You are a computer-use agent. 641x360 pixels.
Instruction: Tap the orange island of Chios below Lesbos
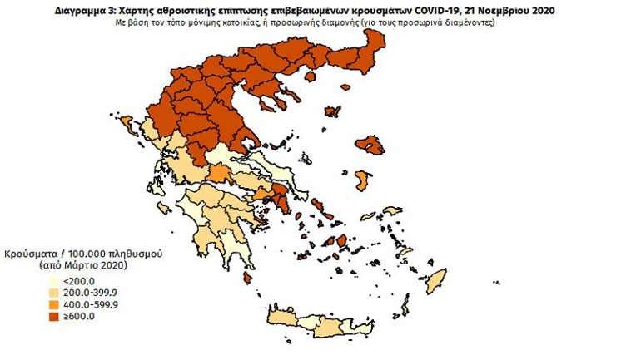(x=362, y=180)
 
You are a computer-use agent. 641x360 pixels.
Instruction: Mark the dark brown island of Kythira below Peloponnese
(x=249, y=280)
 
